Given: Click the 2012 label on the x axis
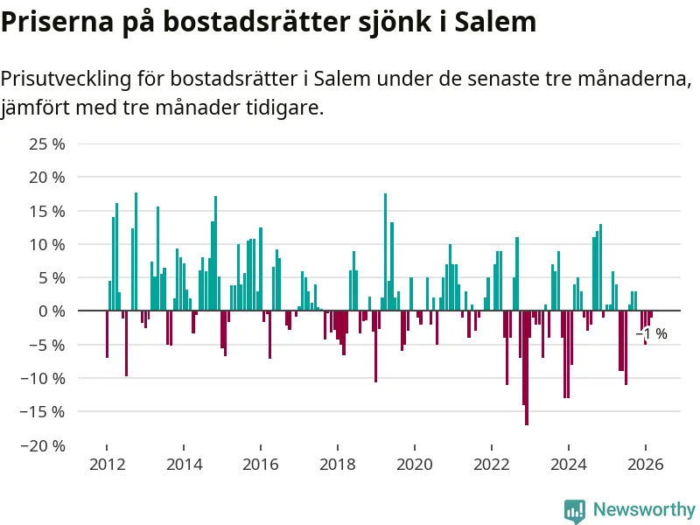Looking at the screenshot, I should point(106,465).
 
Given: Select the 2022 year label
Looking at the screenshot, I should point(492,465).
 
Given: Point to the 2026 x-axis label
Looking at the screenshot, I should point(646,465).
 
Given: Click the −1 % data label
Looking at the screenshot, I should point(651,334).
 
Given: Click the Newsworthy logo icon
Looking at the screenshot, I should point(575,510).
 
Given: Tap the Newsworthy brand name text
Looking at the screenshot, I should point(644,509).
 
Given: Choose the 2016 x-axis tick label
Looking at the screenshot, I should point(260,465).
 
